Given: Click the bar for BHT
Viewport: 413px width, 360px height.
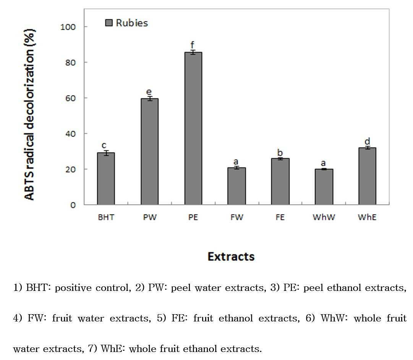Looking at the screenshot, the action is (x=106, y=178).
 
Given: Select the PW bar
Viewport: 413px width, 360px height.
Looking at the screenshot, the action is (x=150, y=152).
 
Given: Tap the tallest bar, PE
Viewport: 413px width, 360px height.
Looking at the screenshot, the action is (x=193, y=128).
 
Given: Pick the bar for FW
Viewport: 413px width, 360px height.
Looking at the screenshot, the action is (x=237, y=186).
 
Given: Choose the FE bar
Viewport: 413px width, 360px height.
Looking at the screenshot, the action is (x=280, y=182).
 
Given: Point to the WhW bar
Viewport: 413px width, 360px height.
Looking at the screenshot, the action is (x=324, y=187).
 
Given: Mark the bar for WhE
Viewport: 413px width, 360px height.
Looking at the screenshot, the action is (x=368, y=176).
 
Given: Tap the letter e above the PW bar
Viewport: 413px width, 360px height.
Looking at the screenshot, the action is (x=149, y=92).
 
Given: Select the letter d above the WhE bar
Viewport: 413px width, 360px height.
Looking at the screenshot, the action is (x=367, y=141).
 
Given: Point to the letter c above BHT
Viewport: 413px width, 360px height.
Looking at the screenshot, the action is (x=104, y=145).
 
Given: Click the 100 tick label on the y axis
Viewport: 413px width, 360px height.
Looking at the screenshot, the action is (x=68, y=27).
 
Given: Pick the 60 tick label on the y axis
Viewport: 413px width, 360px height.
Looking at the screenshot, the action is (x=71, y=98).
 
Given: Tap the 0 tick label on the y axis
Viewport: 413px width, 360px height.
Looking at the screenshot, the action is (x=73, y=205).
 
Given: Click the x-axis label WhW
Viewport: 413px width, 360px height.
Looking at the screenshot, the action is (x=324, y=217).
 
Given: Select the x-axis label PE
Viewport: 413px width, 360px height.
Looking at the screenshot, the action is (x=193, y=217).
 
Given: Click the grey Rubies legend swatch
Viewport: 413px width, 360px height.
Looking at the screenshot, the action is (x=109, y=23).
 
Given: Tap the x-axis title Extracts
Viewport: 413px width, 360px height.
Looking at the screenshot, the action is (x=231, y=257).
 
